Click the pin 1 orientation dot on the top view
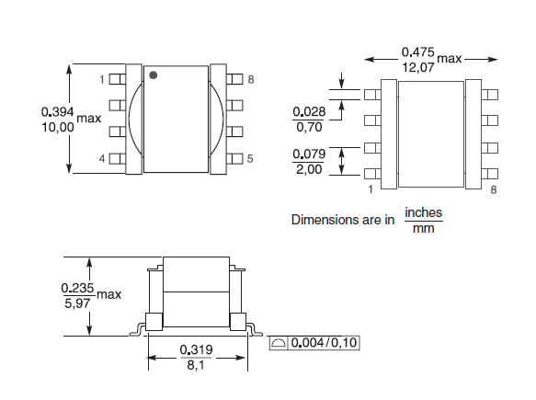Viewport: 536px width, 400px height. click(x=154, y=74)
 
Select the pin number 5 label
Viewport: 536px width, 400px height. click(x=249, y=159)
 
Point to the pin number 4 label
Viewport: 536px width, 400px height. click(x=102, y=159)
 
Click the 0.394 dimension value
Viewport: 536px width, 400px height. click(x=57, y=110)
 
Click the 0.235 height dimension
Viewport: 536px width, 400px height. click(x=75, y=287)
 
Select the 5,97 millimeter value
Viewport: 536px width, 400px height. click(x=75, y=302)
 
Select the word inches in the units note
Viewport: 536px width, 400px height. click(x=423, y=212)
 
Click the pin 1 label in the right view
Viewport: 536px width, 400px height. click(x=370, y=189)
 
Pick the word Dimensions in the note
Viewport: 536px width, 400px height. click(x=324, y=220)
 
